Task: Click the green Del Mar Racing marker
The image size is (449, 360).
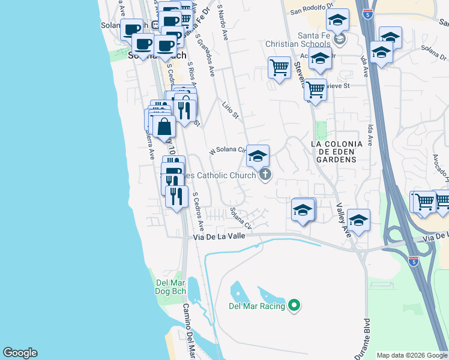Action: [294, 306]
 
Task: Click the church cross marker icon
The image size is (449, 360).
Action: [264, 175]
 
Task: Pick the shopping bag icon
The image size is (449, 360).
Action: [164, 127]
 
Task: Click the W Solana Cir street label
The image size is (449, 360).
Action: [228, 151]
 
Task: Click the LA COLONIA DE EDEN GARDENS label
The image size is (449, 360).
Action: [337, 152]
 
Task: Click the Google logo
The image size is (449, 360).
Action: [20, 353]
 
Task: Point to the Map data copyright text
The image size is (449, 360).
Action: [412, 355]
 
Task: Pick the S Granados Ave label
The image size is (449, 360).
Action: [205, 54]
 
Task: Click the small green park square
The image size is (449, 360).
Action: [321, 130]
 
